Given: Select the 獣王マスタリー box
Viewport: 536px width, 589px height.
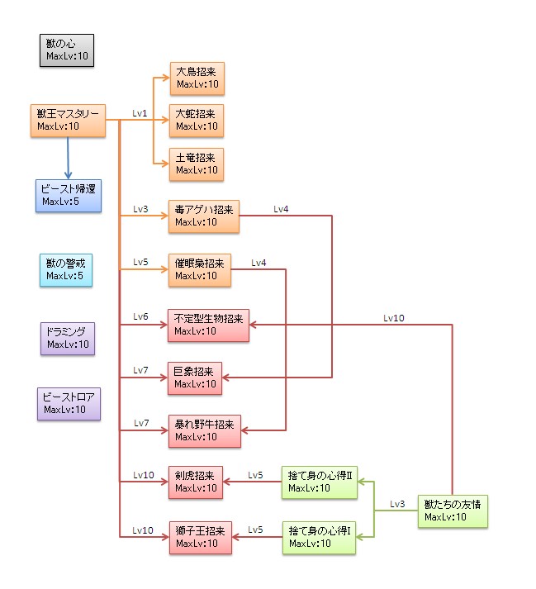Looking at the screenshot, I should [68, 121].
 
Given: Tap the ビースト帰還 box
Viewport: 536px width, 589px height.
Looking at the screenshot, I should [68, 195].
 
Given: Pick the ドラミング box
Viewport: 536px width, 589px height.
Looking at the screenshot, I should [68, 338].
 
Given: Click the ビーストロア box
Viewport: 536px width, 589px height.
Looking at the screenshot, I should [69, 403].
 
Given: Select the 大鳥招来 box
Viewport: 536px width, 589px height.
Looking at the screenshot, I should [197, 78].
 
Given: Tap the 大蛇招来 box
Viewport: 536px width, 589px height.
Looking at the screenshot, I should [197, 121].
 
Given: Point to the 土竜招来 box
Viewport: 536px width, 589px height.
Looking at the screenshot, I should [197, 164].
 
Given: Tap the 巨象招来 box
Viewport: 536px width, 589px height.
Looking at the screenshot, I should [196, 377].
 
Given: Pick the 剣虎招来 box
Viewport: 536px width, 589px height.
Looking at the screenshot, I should [196, 482].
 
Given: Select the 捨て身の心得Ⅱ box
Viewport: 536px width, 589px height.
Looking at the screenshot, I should [320, 482].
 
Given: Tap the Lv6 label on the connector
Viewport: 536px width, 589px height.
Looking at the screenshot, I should [140, 316].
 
